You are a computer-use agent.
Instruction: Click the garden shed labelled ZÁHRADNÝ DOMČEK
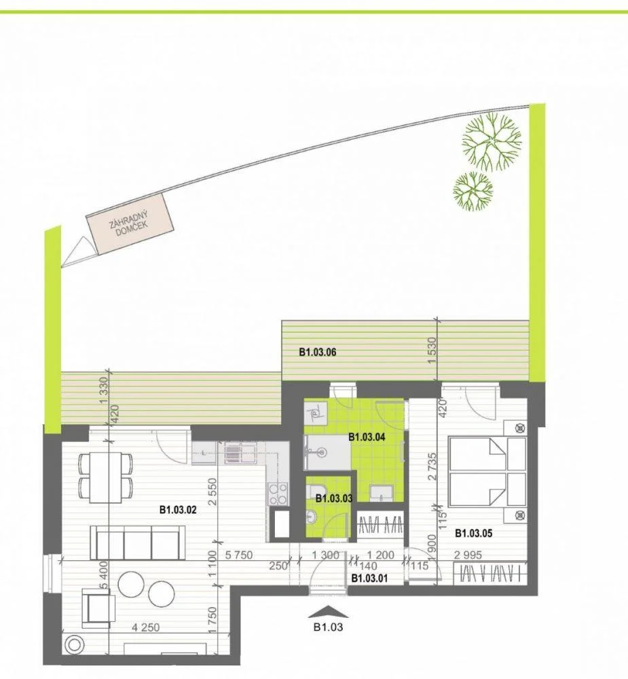point(130,223)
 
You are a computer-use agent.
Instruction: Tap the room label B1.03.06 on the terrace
point(318,352)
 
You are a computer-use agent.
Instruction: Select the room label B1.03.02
point(178,510)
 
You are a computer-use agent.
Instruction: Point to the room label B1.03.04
point(367,437)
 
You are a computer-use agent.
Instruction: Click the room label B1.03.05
point(473,533)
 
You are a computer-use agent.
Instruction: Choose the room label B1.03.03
point(334,498)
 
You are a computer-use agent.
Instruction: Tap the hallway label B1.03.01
point(370,578)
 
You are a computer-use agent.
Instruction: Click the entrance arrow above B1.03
point(328,611)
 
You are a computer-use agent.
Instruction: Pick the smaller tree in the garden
point(473,191)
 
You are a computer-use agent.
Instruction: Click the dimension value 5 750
point(239,555)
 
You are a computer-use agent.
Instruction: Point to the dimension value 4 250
point(145,627)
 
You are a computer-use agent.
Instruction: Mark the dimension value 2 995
point(468,555)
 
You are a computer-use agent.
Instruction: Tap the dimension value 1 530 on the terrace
point(431,351)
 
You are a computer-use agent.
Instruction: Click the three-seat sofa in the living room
point(138,543)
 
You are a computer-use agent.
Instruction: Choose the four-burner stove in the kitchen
point(278,494)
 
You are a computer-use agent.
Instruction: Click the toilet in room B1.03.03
point(314,492)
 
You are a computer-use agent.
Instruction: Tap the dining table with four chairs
point(106,477)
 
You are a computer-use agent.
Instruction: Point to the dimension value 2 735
point(432,466)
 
